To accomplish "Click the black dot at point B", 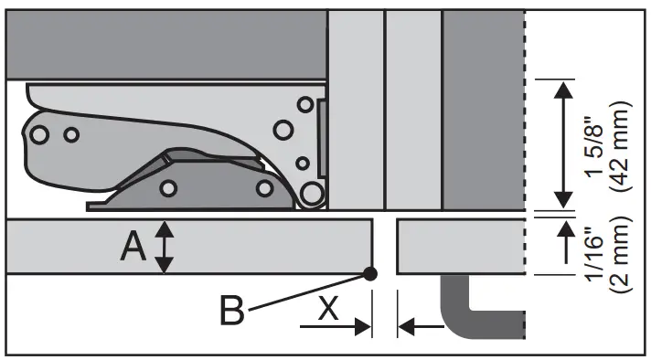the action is (x=370, y=272).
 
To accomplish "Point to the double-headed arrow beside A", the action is (x=164, y=248).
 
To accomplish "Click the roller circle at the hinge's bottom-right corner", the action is (x=313, y=194).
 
